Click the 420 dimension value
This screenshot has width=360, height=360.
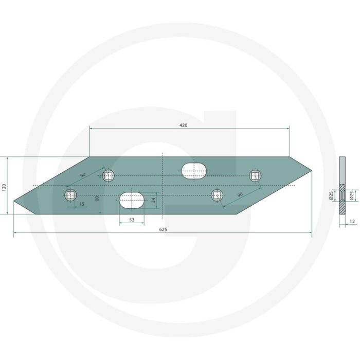click(x=183, y=125)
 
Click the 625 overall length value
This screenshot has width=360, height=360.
click(x=163, y=229)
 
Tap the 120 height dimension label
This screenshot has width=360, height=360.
click(x=4, y=188)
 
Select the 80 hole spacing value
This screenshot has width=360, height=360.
click(x=97, y=198)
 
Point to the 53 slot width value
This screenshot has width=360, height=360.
click(x=132, y=220)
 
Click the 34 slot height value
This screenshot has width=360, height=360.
click(x=153, y=200)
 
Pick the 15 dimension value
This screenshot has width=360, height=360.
click(x=81, y=204)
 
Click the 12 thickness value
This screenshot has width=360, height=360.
click(x=352, y=221)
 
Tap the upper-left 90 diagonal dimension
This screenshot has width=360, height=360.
click(x=83, y=175)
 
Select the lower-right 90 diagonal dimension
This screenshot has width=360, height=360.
click(x=240, y=195)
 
